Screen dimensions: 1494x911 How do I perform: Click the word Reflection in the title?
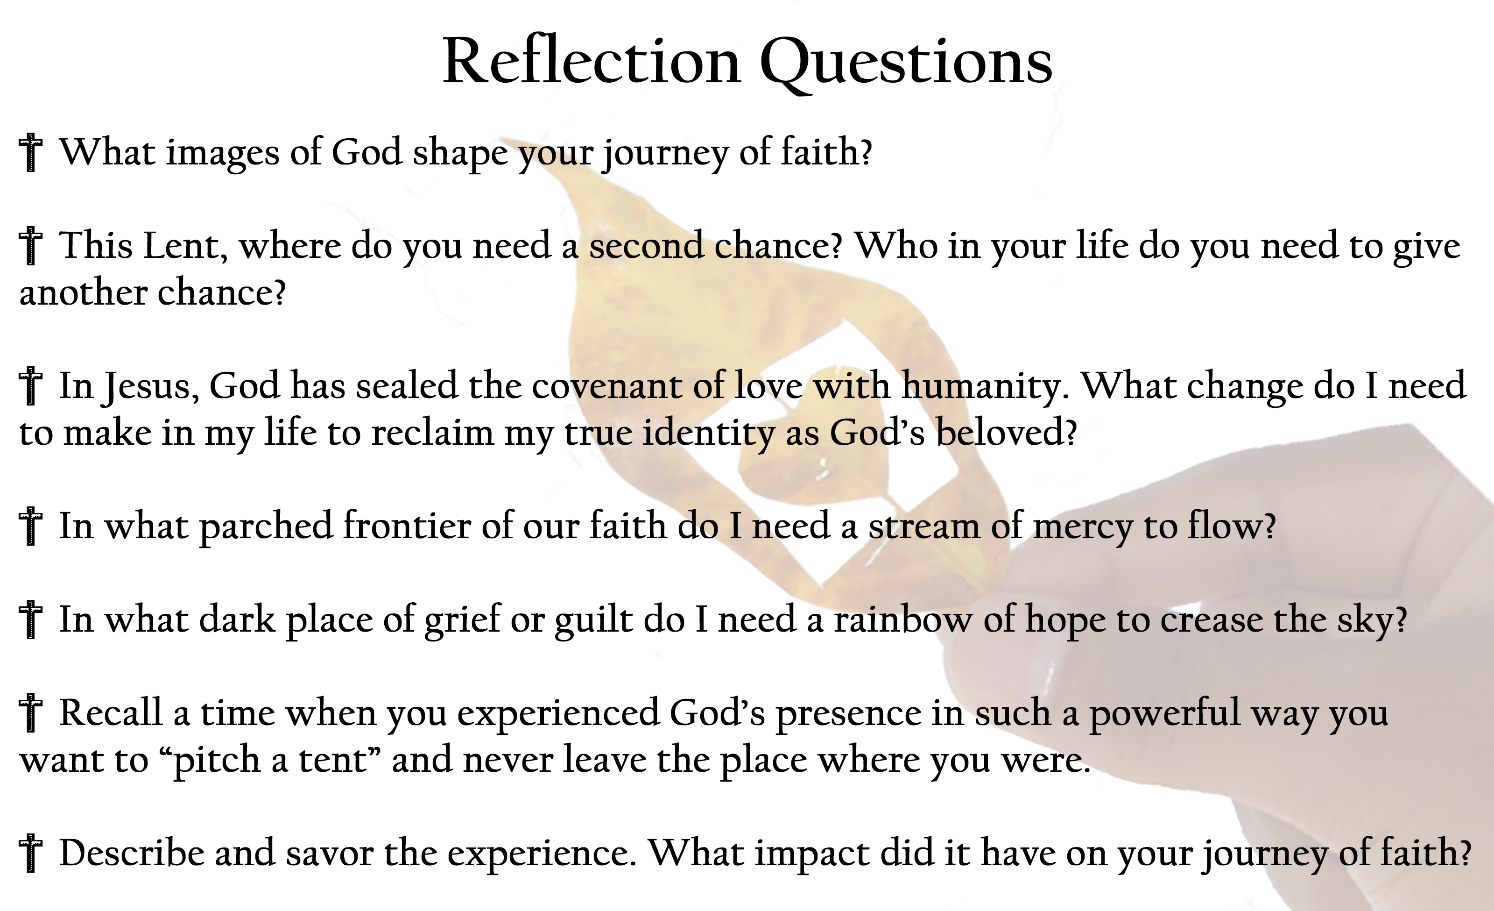click(x=592, y=61)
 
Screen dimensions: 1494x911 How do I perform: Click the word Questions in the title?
click(x=907, y=63)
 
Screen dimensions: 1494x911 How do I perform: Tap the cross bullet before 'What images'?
click(x=30, y=153)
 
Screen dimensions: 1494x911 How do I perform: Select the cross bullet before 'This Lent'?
click(x=30, y=246)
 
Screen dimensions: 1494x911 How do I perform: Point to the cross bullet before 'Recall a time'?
click(x=30, y=713)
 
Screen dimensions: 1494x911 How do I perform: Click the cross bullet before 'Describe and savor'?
click(x=30, y=854)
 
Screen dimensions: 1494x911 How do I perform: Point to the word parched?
click(x=266, y=527)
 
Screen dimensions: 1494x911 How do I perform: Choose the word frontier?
click(x=407, y=525)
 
